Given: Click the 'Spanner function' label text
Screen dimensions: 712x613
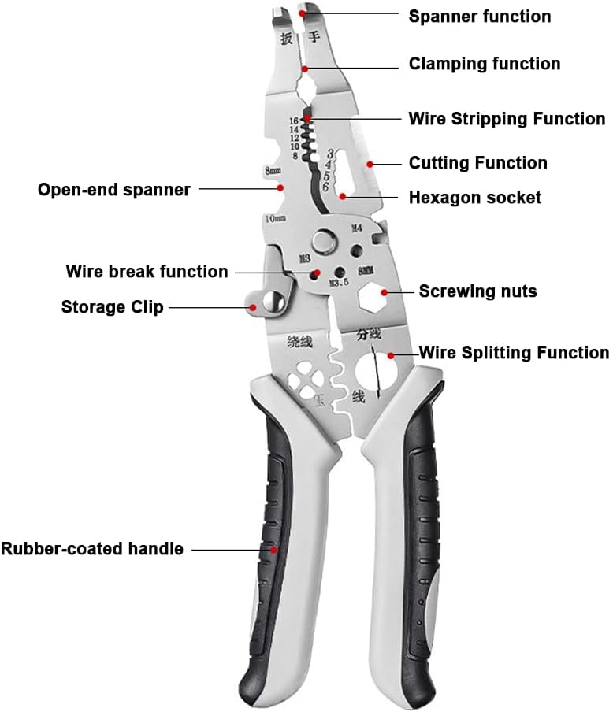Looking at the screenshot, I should pos(479,16).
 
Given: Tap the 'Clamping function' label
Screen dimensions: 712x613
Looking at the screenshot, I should pos(484,64).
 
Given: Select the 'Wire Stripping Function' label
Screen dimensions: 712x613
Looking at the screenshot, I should pos(507,119).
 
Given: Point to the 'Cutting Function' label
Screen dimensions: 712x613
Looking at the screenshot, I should pos(477,163).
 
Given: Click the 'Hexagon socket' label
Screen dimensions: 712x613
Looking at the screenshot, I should pos(474,197).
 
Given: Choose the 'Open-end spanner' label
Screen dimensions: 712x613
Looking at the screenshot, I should pos(113,190).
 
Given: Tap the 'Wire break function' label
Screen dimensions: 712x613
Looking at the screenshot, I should pos(147,272).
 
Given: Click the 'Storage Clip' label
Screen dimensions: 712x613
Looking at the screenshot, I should pos(112,306).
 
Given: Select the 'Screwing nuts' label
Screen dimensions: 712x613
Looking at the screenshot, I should pos(477,291).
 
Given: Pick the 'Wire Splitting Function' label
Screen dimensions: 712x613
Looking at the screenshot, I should pos(513,353).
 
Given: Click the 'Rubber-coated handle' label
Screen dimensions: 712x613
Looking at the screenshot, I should pos(92,549).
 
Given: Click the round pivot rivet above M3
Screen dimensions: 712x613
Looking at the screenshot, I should pos(324,239).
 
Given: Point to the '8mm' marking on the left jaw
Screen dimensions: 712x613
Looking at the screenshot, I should pos(273,170).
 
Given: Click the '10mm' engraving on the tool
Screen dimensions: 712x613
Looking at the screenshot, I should pos(275,217).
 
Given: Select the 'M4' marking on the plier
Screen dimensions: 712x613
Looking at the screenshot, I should pos(356,228).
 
